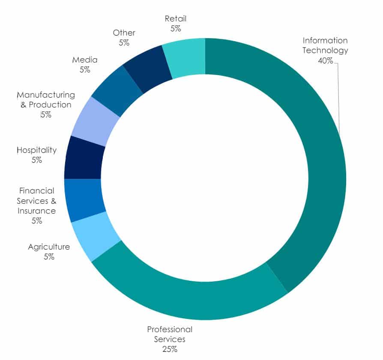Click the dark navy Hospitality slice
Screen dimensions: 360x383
tap(84, 158)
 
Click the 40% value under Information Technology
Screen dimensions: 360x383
tap(325, 60)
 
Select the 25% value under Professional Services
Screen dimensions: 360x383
tap(170, 349)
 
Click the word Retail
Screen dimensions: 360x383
tap(176, 19)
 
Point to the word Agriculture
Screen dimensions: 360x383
tap(49, 247)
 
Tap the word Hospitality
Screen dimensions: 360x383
tap(37, 150)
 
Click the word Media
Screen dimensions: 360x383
tap(85, 60)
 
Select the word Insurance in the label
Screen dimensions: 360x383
tap(36, 211)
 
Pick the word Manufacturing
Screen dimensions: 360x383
tap(46, 95)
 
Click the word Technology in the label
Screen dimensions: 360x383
tap(325, 51)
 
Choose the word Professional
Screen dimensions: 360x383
tap(170, 330)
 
